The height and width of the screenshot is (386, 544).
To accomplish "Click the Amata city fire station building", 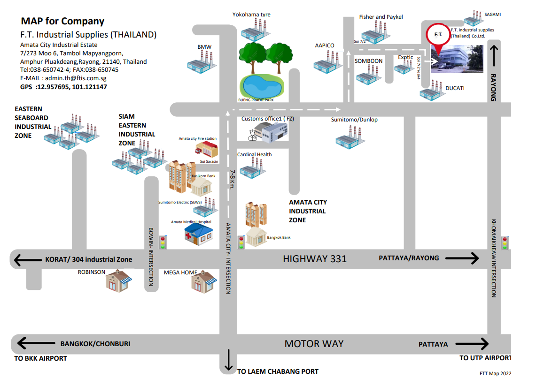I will click(x=207, y=149).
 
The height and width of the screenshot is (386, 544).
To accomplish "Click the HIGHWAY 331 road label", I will click(x=315, y=258).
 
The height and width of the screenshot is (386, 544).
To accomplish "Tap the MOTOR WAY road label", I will click(x=314, y=344).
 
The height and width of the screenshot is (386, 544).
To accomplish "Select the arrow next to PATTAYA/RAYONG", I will click(x=462, y=258).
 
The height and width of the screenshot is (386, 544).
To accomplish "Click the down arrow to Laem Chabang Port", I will click(x=229, y=360).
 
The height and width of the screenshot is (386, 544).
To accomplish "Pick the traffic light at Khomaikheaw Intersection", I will click(x=505, y=242).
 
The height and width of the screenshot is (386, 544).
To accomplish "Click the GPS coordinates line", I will click(x=63, y=87).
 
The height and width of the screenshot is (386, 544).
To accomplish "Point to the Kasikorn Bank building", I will click(x=202, y=187).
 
